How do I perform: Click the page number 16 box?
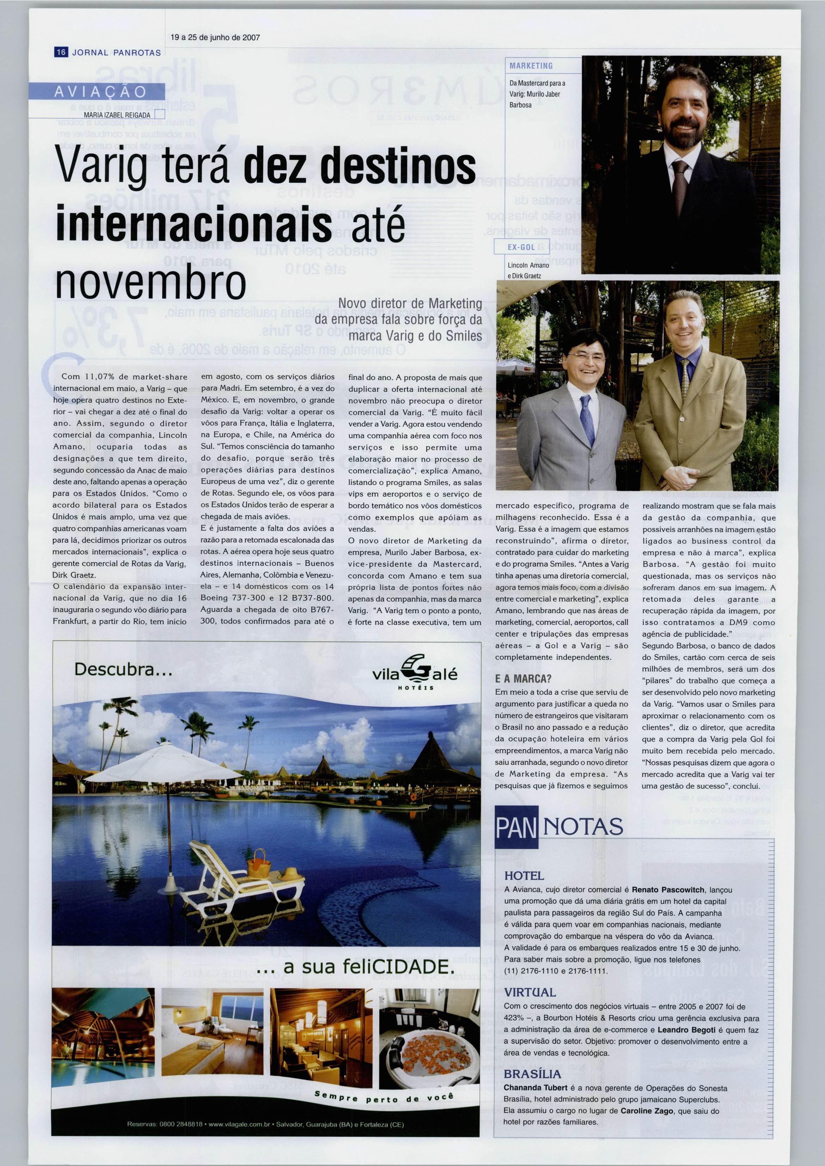[61, 52]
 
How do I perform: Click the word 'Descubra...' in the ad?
[123, 670]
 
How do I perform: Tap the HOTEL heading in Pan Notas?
[524, 876]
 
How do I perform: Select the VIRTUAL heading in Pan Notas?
[530, 992]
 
